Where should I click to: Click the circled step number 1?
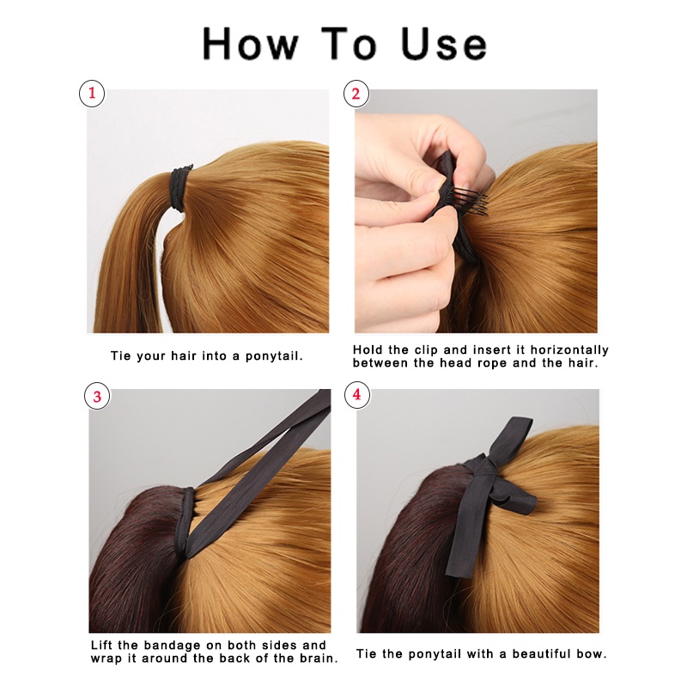[x=92, y=94]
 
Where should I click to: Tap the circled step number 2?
[x=356, y=94]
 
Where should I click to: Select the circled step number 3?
[x=97, y=397]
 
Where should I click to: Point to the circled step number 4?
[x=357, y=395]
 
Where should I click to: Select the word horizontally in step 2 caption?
[x=569, y=350]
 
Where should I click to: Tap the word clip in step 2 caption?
[x=426, y=350]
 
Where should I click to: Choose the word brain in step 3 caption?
[x=316, y=659]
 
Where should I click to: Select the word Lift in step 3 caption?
[x=101, y=646]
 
